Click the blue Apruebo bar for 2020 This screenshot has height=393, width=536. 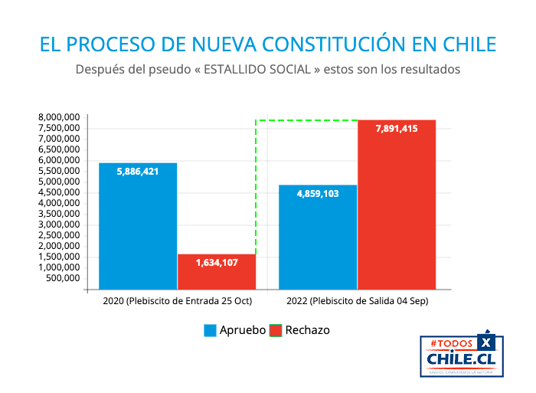(x=138, y=230)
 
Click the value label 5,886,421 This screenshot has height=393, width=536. (x=138, y=172)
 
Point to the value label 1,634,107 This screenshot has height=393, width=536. (x=217, y=263)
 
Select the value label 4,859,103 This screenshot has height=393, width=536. (x=318, y=194)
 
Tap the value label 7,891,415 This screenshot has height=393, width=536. (x=397, y=129)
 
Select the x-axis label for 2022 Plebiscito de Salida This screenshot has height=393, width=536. (x=358, y=302)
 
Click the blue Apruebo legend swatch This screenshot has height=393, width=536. (x=210, y=330)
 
